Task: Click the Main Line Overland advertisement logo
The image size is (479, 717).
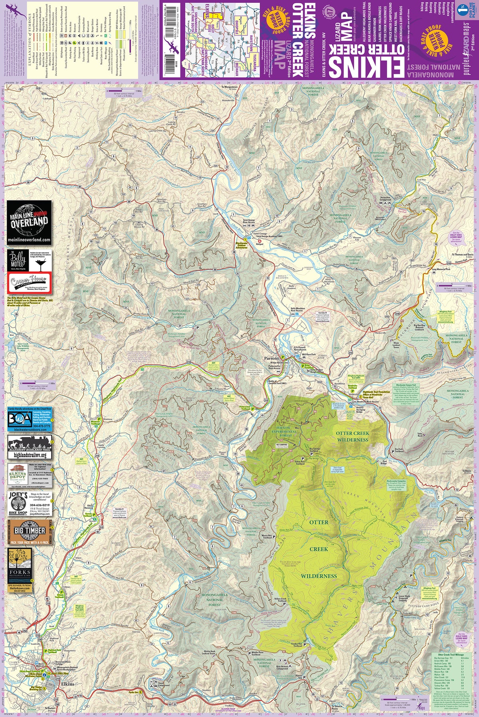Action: pos(29,222)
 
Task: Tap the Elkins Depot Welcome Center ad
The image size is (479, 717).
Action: pos(30,475)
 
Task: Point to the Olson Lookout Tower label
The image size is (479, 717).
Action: pos(396,345)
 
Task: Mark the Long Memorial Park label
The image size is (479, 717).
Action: pos(441,270)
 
